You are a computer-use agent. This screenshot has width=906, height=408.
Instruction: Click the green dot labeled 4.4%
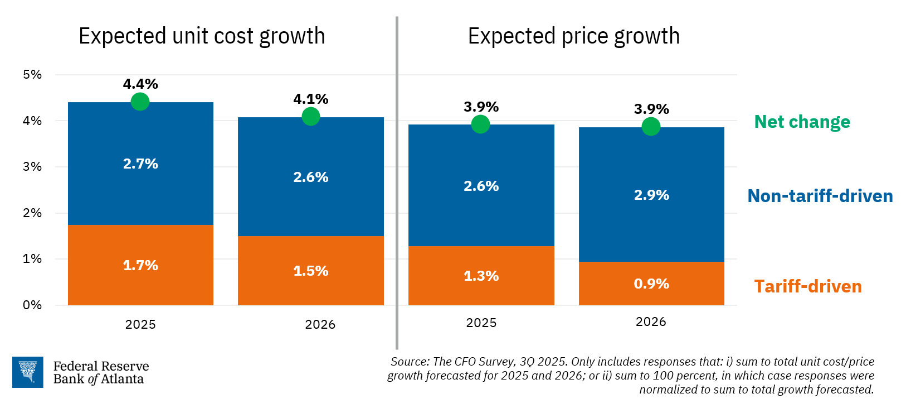140,102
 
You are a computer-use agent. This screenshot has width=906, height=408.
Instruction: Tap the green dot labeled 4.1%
310,116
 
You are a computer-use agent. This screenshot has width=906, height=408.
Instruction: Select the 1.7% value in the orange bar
140,265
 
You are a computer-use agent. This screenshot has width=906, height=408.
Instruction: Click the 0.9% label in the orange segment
651,284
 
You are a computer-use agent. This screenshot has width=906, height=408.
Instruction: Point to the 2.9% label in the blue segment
651,195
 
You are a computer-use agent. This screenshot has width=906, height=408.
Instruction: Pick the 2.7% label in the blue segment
140,164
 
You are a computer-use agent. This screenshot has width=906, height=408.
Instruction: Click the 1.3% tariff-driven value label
481,276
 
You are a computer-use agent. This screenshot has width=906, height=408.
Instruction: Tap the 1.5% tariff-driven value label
310,271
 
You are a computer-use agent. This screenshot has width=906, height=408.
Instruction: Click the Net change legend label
802,122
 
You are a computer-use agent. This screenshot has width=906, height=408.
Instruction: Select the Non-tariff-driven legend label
820,196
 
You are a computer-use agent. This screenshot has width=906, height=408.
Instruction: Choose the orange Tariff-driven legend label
807,286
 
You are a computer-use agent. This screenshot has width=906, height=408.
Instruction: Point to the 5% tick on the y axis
32,74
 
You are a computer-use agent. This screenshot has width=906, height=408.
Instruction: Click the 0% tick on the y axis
32,305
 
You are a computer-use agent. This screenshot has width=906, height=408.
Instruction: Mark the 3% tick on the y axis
32,166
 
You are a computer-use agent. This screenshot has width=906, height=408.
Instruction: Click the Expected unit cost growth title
202,36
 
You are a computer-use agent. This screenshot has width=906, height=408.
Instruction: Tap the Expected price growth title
573,36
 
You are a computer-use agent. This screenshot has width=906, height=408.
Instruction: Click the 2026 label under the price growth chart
651,321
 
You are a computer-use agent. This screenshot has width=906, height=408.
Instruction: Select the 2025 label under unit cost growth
140,324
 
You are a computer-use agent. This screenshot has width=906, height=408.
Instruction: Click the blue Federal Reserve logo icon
28,372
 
